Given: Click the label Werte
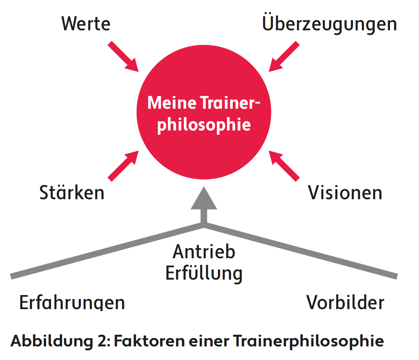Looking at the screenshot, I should click(86, 24).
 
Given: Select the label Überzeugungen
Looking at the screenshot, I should click(329, 24).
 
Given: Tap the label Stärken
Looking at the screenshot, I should click(72, 193).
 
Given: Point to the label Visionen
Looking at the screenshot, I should click(345, 193).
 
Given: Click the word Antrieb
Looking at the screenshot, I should click(204, 252).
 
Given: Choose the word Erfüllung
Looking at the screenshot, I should click(204, 273).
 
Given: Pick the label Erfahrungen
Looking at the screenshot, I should click(72, 303).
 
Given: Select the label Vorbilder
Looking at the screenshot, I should click(345, 303).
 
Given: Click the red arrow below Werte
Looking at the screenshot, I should click(123, 57).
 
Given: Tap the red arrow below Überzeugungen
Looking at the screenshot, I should click(284, 57).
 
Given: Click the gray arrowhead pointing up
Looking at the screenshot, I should click(204, 199).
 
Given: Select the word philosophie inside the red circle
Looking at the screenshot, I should click(204, 125).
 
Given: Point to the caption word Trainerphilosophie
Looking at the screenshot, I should click(309, 341).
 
